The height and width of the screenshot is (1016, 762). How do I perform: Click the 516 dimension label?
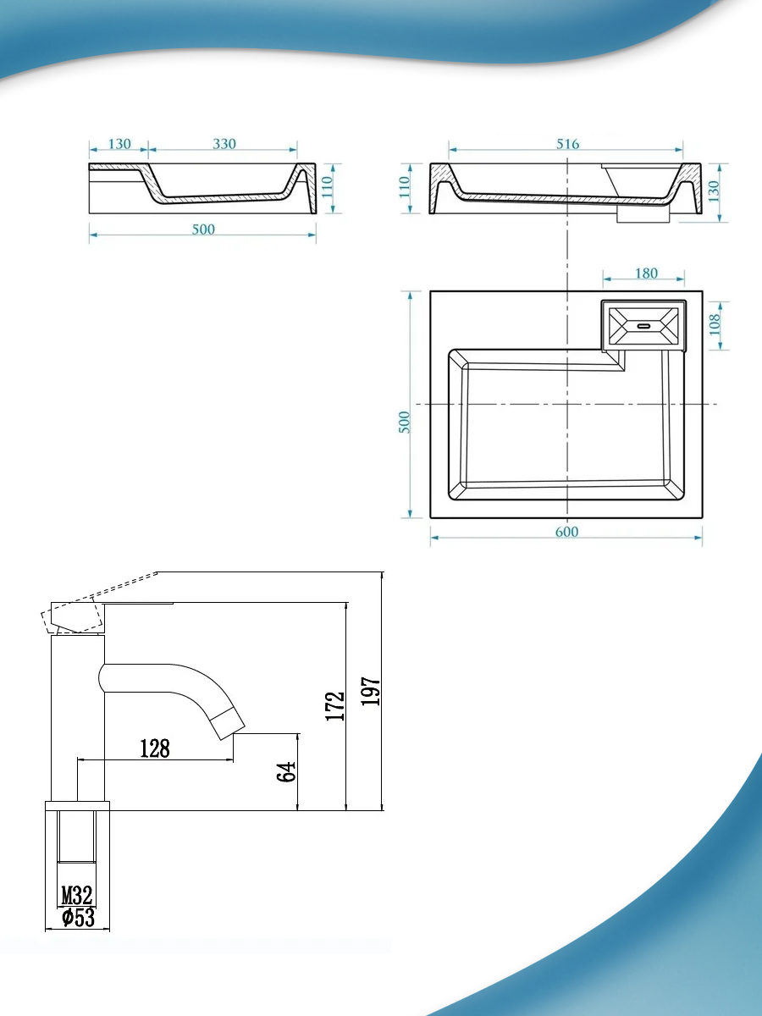tap(567, 144)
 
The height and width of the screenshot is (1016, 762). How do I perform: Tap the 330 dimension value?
tap(224, 144)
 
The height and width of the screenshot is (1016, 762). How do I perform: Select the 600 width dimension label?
tap(566, 532)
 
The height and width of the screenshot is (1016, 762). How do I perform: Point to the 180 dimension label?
tap(646, 273)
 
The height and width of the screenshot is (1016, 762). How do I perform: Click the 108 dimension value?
tap(715, 324)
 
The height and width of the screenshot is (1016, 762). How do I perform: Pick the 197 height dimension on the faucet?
tap(371, 692)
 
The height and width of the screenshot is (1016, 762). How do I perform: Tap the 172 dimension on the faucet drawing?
tap(335, 706)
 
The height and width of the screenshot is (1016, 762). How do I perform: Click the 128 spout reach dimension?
tap(155, 748)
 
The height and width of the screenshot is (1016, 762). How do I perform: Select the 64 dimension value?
tap(286, 771)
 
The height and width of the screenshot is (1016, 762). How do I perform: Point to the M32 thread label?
tap(77, 896)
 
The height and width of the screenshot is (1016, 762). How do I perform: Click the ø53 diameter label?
tap(78, 917)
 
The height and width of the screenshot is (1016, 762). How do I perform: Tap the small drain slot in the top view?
tap(644, 326)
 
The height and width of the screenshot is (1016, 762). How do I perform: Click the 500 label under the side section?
tap(203, 229)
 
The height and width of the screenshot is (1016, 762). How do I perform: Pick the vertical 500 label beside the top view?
tap(405, 422)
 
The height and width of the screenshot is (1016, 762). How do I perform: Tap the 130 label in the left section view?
tap(119, 144)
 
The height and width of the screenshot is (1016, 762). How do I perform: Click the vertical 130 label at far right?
tap(714, 190)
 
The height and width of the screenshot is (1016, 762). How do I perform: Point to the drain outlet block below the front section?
tap(643, 215)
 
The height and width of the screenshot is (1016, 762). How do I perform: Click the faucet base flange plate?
tap(77, 806)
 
